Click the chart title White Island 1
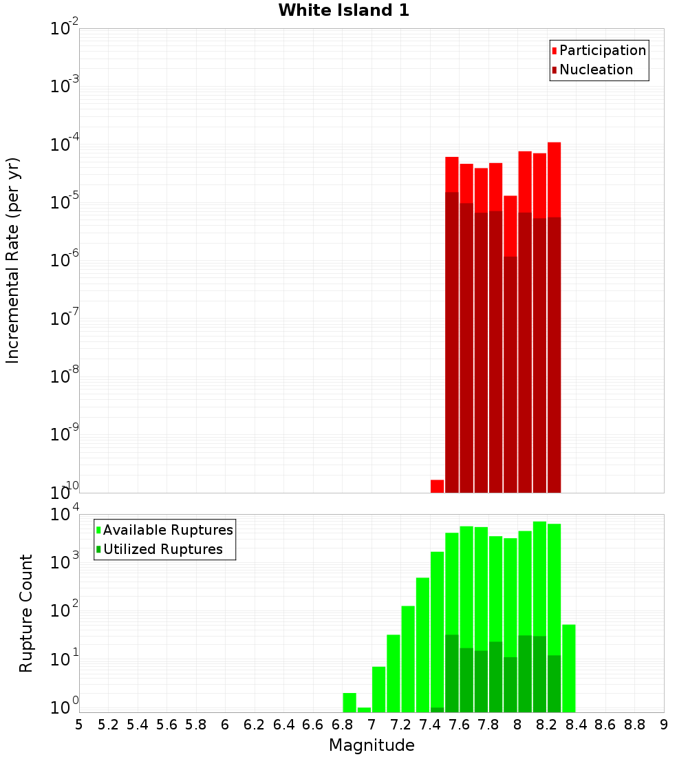[x=343, y=10]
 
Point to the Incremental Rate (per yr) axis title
[x=13, y=260]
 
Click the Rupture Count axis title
[x=26, y=612]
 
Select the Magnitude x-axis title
[x=372, y=745]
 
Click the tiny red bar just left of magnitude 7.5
[x=437, y=486]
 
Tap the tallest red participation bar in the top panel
[x=555, y=179]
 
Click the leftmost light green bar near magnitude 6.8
[x=350, y=703]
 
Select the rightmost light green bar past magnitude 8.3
[x=569, y=668]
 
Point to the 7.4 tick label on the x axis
[x=430, y=725]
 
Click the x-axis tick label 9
[x=664, y=725]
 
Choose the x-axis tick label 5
[x=79, y=725]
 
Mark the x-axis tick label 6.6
[x=313, y=725]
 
